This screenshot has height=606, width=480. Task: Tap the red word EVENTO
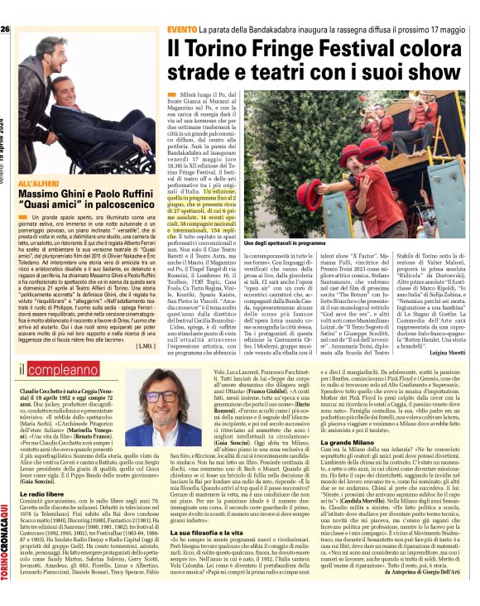182,30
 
